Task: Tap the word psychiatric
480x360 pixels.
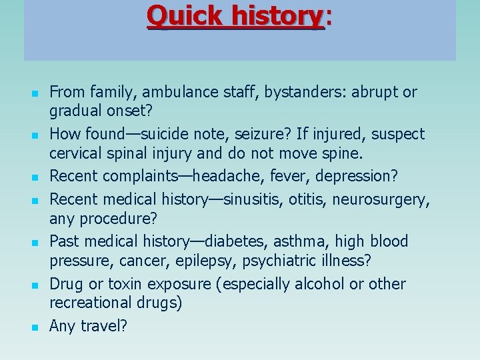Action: pyautogui.click(x=298, y=260)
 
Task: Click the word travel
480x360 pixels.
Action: pyautogui.click(x=101, y=326)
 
